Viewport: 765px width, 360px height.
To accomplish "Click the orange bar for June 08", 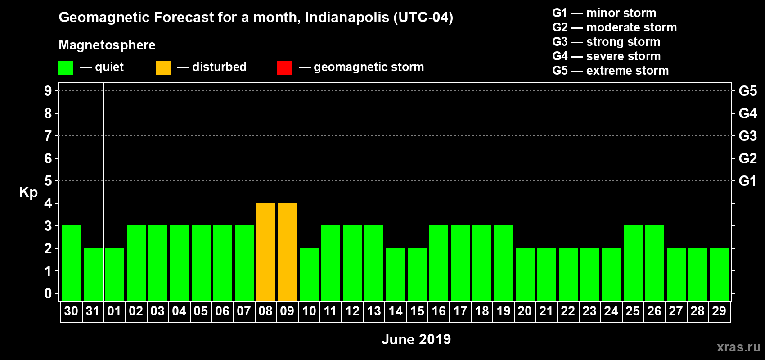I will [x=266, y=252].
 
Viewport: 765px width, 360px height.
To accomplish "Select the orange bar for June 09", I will [x=288, y=252].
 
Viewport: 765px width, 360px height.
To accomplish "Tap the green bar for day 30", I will [x=72, y=263].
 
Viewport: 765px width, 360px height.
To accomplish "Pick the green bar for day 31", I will [x=93, y=274].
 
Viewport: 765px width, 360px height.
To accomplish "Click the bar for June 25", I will [x=633, y=263].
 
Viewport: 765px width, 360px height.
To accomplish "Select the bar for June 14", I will [x=396, y=274].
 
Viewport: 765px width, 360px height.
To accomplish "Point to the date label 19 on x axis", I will [x=503, y=311].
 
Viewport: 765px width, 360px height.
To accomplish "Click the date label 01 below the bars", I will [x=114, y=311].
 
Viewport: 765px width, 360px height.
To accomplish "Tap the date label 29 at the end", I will [x=719, y=311].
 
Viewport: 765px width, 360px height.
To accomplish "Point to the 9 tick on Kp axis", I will [x=48, y=91].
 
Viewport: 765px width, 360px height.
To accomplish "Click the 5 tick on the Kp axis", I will [x=48, y=181].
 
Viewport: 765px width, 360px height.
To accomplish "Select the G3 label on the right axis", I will [x=747, y=136].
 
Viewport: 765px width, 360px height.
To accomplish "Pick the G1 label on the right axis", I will [x=747, y=181].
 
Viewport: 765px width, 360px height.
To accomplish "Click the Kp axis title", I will [x=28, y=193].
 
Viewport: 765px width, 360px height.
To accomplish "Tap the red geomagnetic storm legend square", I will [x=284, y=68].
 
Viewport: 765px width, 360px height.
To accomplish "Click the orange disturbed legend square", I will [x=163, y=68].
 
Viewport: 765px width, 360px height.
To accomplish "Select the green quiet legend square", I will [x=66, y=68].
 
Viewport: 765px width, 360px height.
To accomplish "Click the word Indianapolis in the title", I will [x=347, y=17].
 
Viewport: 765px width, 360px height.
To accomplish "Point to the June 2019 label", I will [x=416, y=339].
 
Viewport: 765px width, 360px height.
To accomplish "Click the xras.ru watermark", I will [x=738, y=347].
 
